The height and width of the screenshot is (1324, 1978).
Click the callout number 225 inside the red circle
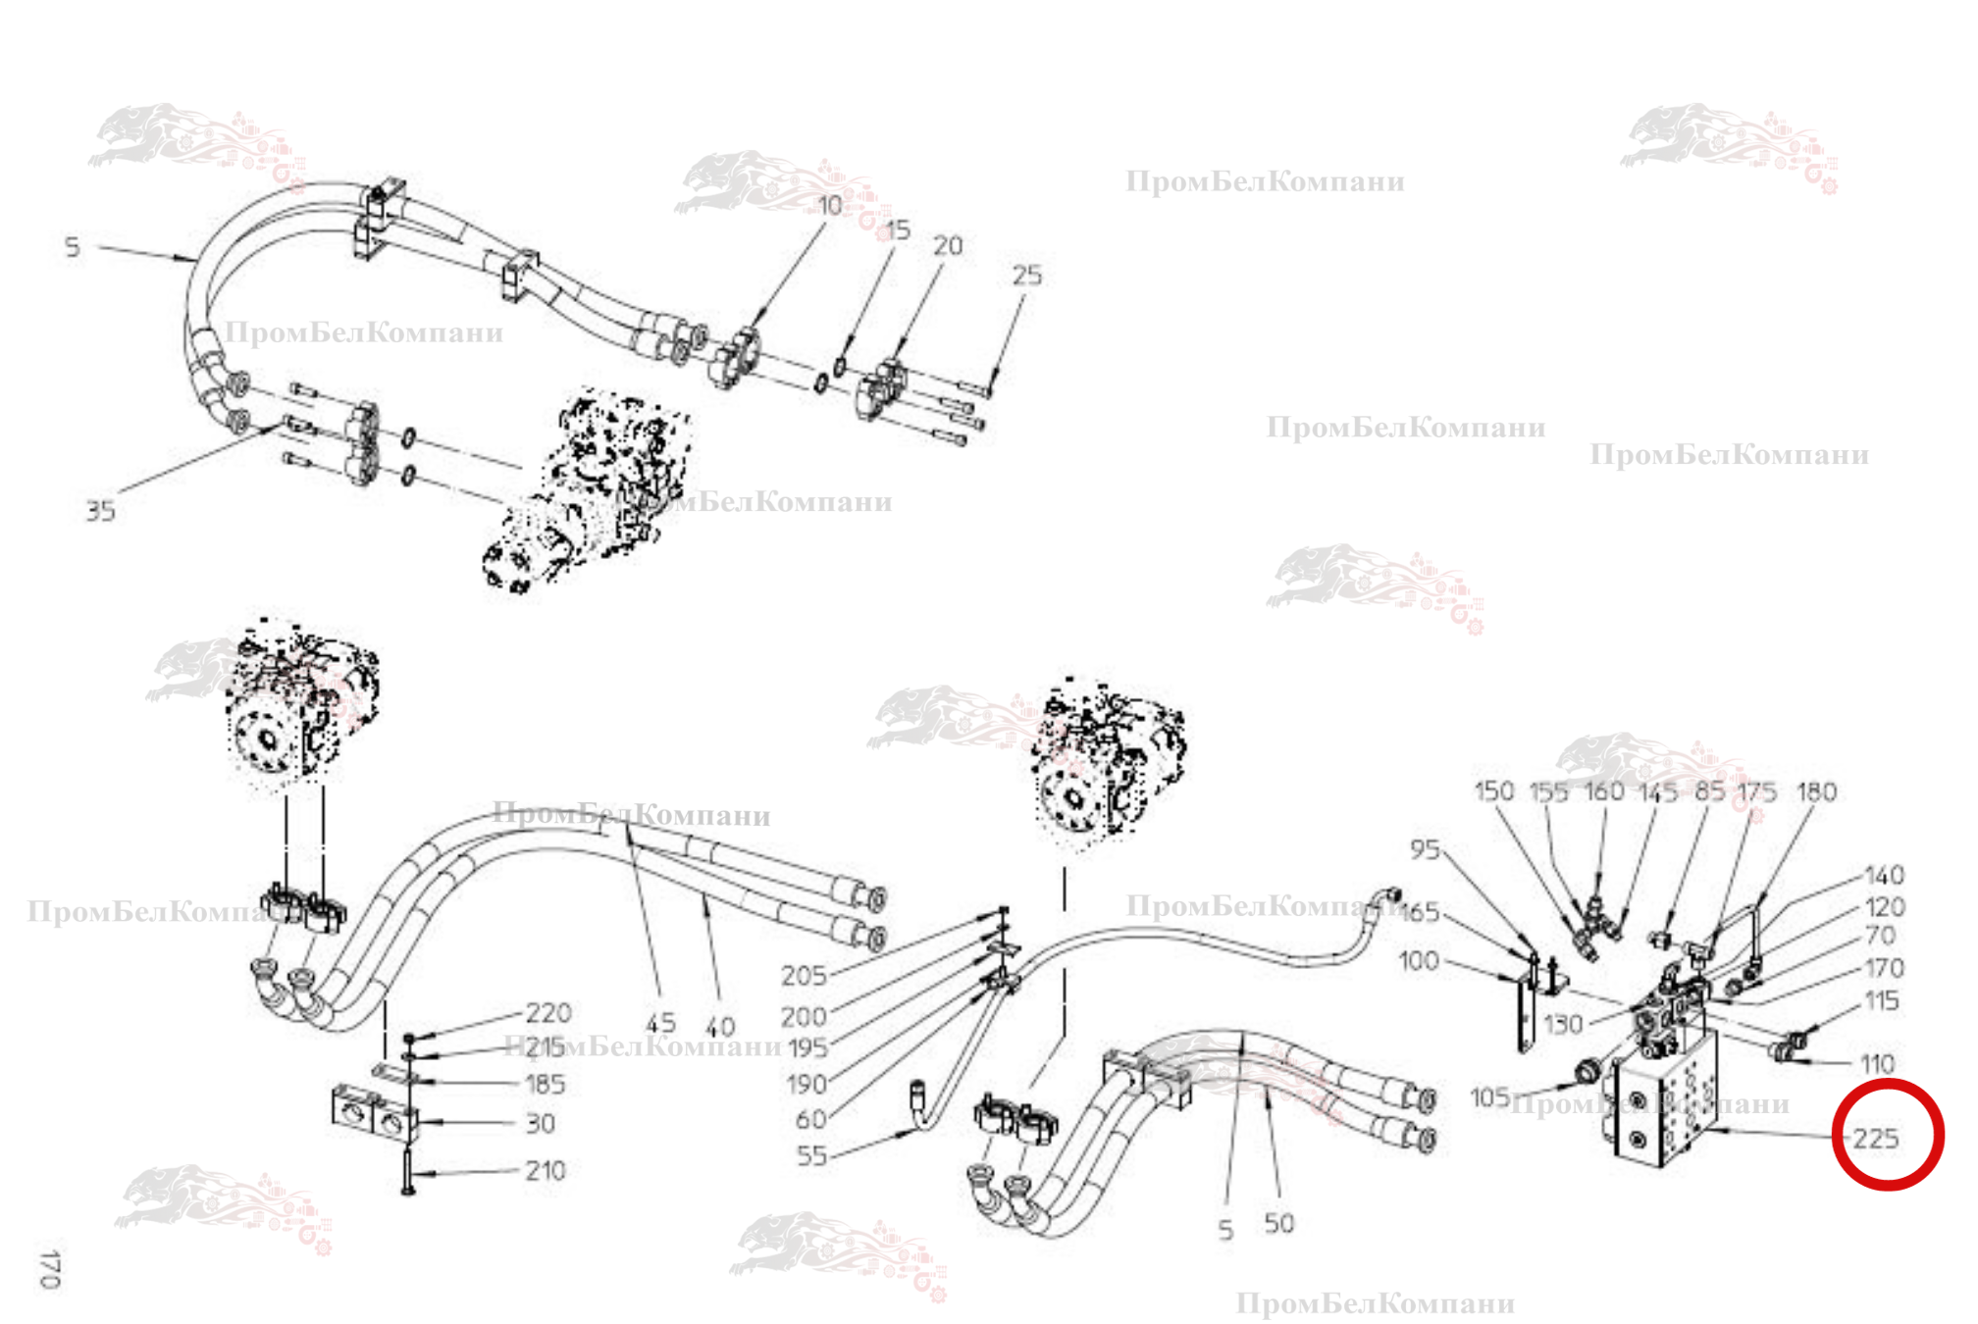(x=1875, y=1139)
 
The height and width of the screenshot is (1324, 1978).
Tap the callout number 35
(x=100, y=511)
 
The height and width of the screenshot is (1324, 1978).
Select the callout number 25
(x=1026, y=276)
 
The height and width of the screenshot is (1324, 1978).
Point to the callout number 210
(x=545, y=1170)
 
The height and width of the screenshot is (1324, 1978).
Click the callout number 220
(x=547, y=1012)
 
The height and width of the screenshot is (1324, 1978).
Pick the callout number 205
(x=804, y=976)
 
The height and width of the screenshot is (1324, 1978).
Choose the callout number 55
(x=811, y=1155)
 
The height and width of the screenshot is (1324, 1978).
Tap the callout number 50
(x=1278, y=1223)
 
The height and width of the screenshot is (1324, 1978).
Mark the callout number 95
(x=1425, y=849)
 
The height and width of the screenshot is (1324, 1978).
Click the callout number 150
(x=1493, y=790)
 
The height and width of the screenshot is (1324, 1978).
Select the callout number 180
(x=1816, y=791)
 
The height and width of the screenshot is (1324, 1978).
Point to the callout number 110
(x=1877, y=1063)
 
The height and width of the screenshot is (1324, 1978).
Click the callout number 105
(x=1489, y=1096)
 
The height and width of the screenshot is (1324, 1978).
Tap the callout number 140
(x=1884, y=875)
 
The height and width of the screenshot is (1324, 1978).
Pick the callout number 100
(x=1419, y=960)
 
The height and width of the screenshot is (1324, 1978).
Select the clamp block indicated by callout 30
(x=373, y=1114)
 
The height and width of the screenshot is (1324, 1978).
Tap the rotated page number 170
(x=49, y=1269)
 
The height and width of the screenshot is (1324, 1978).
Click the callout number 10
(x=830, y=205)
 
